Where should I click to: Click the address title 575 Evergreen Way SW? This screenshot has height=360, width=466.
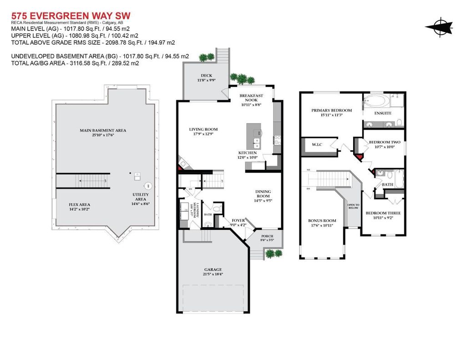pyautogui.click(x=67, y=15)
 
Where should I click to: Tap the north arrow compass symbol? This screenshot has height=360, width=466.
pyautogui.click(x=439, y=27)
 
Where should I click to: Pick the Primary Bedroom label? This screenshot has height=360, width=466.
pyautogui.click(x=331, y=110)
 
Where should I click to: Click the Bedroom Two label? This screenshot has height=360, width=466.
pyautogui.click(x=385, y=142)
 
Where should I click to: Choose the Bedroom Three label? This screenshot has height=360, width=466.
pyautogui.click(x=382, y=213)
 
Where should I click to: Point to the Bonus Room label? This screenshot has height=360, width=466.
pyautogui.click(x=322, y=220)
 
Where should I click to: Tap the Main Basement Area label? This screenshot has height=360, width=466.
pyautogui.click(x=103, y=130)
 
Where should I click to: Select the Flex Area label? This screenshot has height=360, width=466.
pyautogui.click(x=80, y=204)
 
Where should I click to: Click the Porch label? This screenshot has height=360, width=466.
pyautogui.click(x=267, y=236)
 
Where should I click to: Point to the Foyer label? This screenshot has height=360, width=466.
pyautogui.click(x=238, y=220)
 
